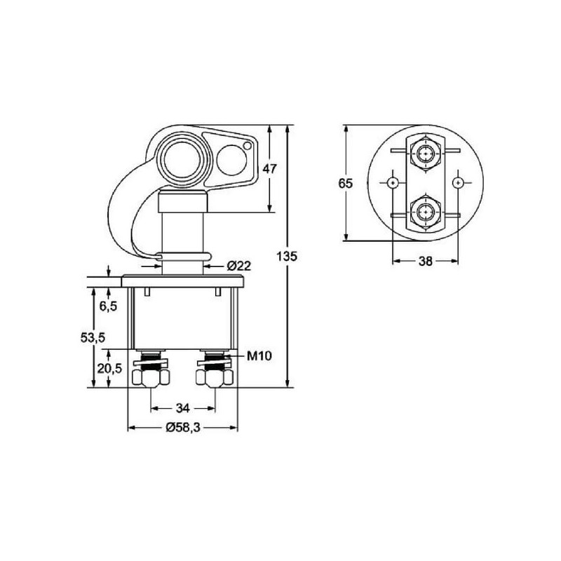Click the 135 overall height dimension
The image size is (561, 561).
coord(287,256)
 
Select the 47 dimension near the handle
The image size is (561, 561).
coord(270,168)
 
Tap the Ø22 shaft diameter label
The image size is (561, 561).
coord(239,266)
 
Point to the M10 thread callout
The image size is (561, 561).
coord(259,356)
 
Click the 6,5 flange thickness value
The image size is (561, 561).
coord(108,306)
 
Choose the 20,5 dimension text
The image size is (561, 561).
coord(109,368)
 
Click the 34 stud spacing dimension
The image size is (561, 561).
coord(183,408)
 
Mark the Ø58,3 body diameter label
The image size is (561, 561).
coord(183,427)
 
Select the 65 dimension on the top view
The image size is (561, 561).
coord(346,183)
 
